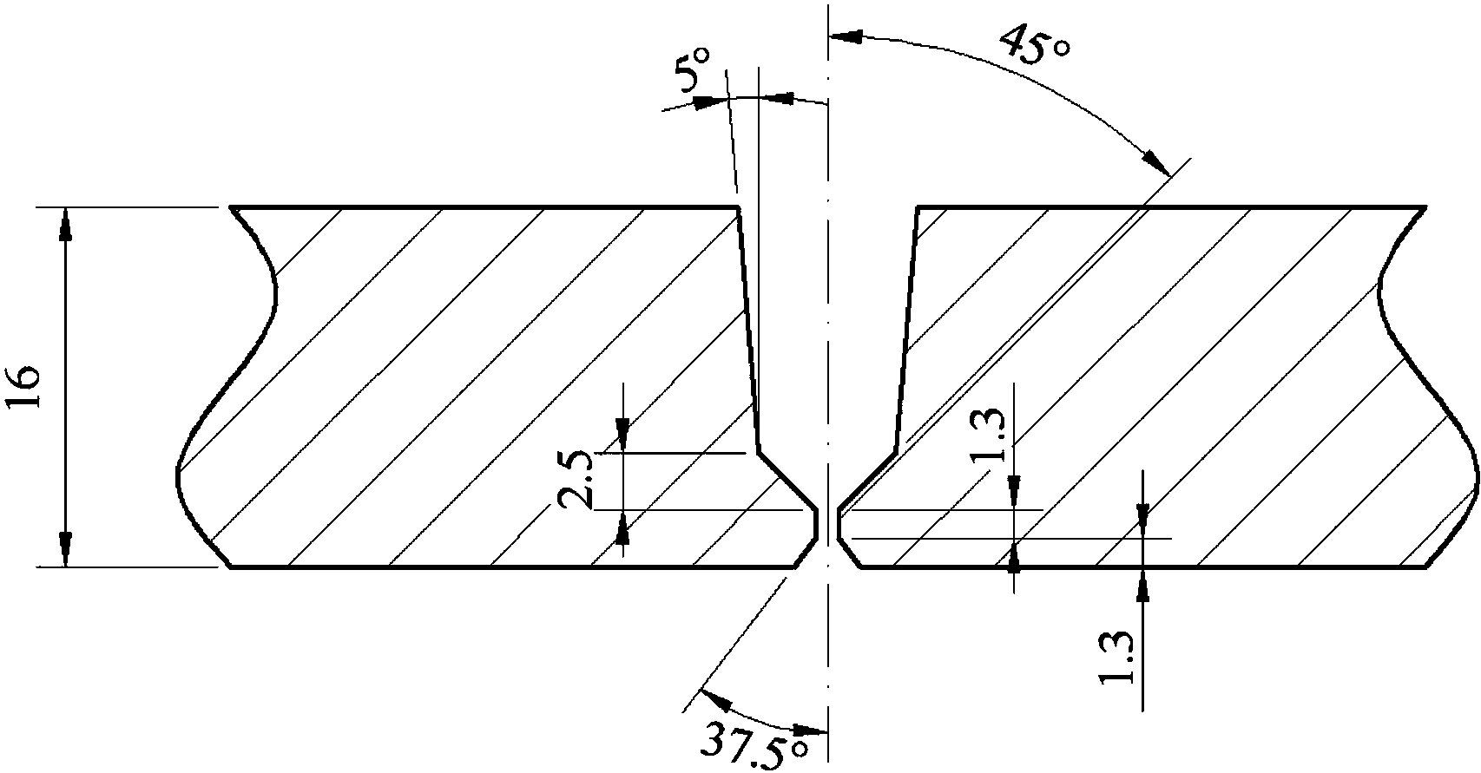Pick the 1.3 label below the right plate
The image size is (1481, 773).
click(1116, 658)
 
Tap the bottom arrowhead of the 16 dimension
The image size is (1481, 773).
click(65, 550)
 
